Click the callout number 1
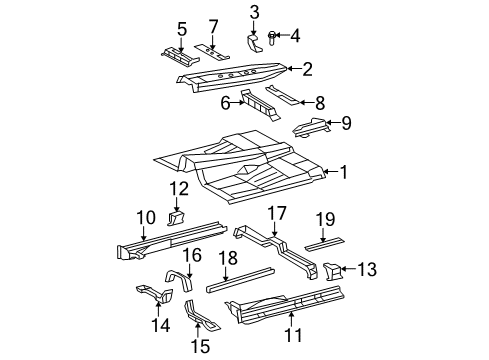(343, 172)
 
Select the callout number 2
(308, 69)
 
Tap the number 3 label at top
(254, 12)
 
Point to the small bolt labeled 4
(273, 38)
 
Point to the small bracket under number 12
(177, 219)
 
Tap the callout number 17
(276, 212)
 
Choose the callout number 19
(353, 246)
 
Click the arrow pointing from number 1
(327, 172)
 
